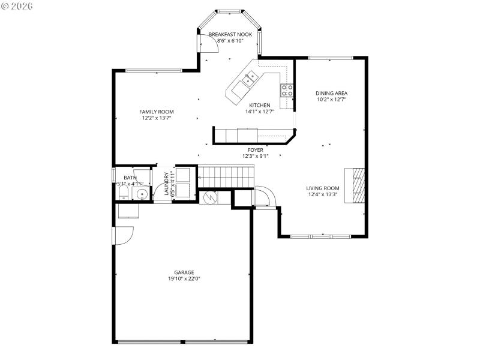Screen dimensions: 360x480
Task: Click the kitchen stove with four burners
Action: coord(287,90)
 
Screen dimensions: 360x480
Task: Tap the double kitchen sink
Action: coord(250,76)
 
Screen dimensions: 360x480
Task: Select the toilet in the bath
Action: coord(122,193)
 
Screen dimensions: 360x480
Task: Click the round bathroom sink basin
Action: coord(141,194)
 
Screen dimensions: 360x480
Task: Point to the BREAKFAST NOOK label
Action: coord(230,35)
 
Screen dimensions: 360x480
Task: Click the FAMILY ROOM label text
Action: coord(157,112)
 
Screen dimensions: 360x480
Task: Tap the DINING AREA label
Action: coord(332,93)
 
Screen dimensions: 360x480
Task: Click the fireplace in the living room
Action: coord(358,185)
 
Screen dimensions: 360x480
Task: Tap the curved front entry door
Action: coord(264,196)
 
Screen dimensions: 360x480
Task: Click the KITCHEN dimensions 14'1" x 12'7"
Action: coord(260,111)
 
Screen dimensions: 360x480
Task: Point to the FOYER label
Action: coord(256,150)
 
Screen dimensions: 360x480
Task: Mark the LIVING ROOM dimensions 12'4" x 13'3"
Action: coord(323,194)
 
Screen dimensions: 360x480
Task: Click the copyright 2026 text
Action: coord(17,5)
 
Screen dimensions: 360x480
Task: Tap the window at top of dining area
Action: coord(331,58)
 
